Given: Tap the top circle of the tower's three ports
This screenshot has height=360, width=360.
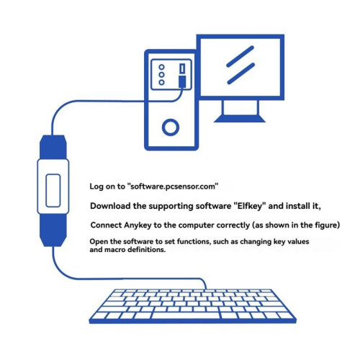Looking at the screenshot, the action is pos(161,67).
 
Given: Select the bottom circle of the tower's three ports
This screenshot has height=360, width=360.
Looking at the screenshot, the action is pos(161,82).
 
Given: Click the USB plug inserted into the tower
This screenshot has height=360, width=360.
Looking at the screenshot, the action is pos(182,81).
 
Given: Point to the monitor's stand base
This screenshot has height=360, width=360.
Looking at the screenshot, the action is pos(240,119).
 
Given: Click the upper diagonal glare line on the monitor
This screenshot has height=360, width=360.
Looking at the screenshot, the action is pos(240,56).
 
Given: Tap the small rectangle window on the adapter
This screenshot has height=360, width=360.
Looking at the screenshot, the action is pos(53,191).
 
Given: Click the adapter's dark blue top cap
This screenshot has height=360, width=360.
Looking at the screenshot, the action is pos(53,147).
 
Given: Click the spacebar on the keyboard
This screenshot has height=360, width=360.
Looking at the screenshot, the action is pos(186,315).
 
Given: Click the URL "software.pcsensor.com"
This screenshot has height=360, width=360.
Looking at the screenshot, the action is pos(173,186).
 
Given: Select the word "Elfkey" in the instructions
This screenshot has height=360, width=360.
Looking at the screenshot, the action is pos(250,206).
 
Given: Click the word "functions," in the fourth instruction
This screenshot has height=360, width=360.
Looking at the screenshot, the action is pos(194,241).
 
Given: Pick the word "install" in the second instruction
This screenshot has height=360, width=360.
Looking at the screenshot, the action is pos(298,206).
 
